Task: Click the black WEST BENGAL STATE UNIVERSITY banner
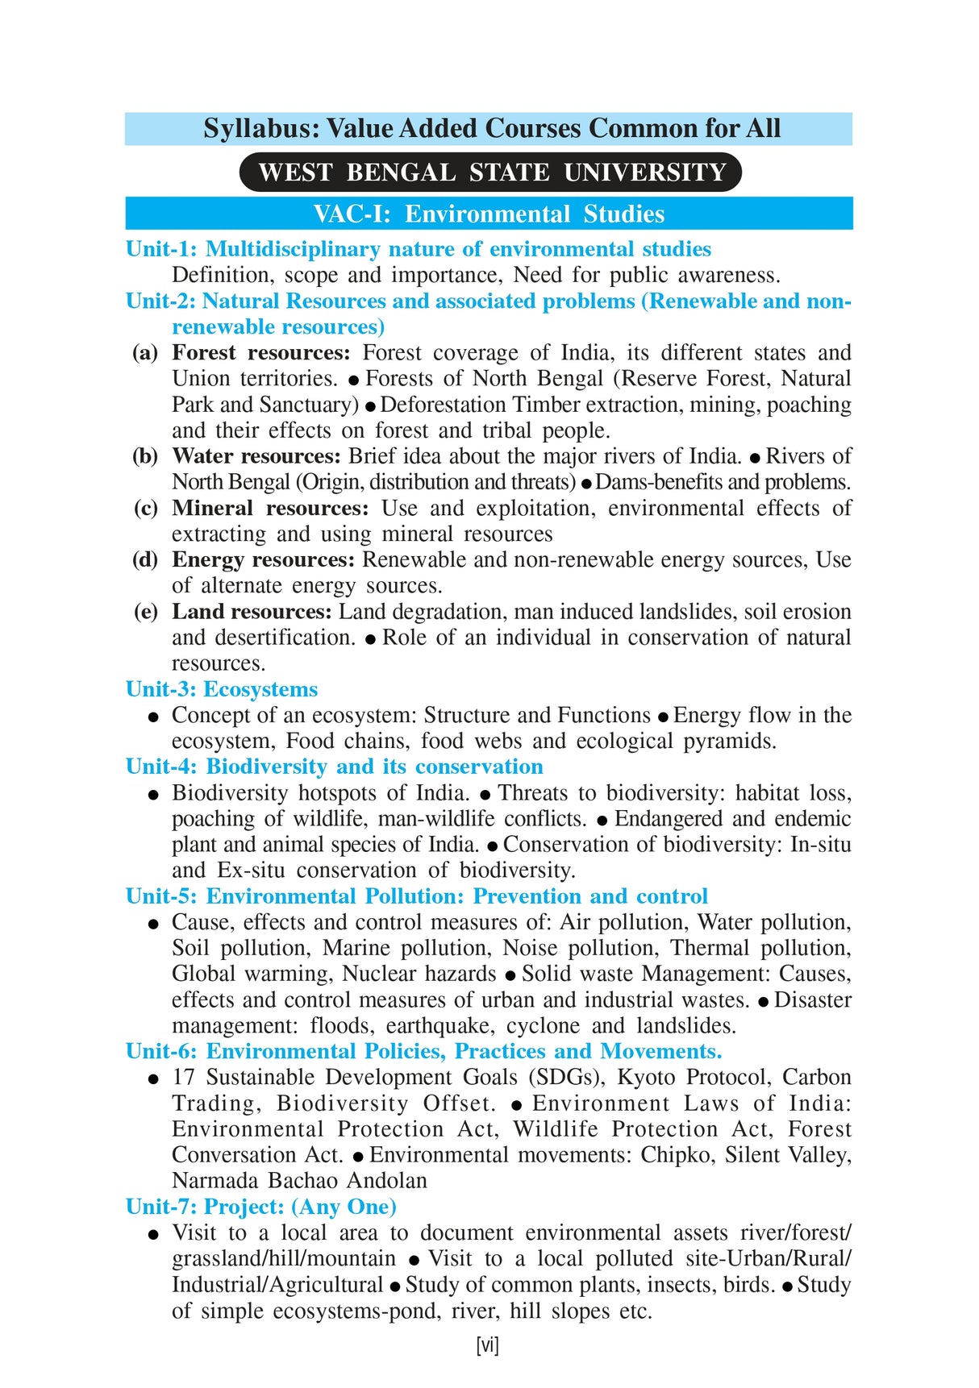click(x=490, y=172)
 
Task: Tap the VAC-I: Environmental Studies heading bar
click(x=489, y=214)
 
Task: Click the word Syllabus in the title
click(x=254, y=129)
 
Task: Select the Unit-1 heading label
click(x=161, y=249)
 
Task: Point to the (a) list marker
click(x=145, y=353)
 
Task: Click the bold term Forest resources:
click(x=260, y=353)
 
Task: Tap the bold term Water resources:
click(x=256, y=456)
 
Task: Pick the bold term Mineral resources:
click(x=269, y=509)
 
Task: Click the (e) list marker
click(x=145, y=612)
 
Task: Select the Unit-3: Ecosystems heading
click(x=222, y=689)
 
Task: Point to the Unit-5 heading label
click(x=161, y=896)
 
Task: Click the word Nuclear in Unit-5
click(x=375, y=974)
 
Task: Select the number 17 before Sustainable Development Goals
click(x=183, y=1078)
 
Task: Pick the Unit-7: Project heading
click(x=261, y=1207)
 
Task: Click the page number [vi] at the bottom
click(x=488, y=1344)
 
